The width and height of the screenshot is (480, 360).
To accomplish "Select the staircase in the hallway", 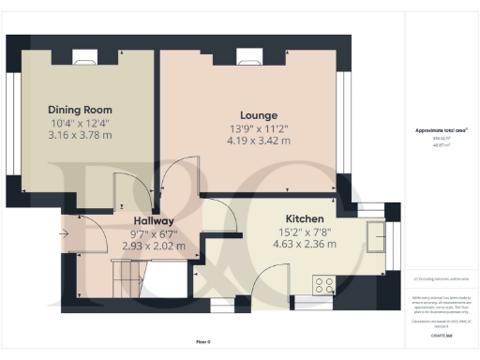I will coord(125,274).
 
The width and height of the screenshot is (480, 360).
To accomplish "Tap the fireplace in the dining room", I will coord(82,55).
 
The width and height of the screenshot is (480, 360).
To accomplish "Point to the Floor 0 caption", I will coord(203,341).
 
